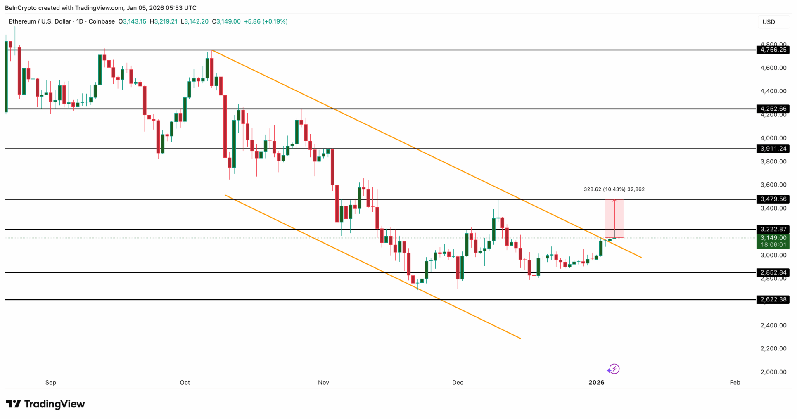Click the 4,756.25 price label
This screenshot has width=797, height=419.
pyautogui.click(x=773, y=50)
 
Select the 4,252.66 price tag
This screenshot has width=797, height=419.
pyautogui.click(x=773, y=109)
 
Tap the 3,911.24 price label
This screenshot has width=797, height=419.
pyautogui.click(x=773, y=149)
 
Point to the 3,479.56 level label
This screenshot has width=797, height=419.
pyautogui.click(x=773, y=199)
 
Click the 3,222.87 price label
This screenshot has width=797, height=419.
pyautogui.click(x=773, y=230)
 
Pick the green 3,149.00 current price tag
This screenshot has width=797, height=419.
pyautogui.click(x=773, y=238)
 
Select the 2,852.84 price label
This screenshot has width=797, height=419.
pyautogui.click(x=773, y=273)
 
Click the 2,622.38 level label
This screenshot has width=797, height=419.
pyautogui.click(x=773, y=300)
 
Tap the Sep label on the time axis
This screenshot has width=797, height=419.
pyautogui.click(x=51, y=383)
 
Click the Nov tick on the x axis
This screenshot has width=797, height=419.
pyautogui.click(x=323, y=383)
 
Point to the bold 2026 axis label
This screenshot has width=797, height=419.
pyautogui.click(x=596, y=383)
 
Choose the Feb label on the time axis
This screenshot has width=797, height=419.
pyautogui.click(x=735, y=383)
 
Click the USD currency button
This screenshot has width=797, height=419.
pyautogui.click(x=769, y=22)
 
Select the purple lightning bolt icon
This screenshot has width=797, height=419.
pyautogui.click(x=614, y=369)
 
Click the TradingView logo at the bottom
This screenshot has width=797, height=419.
pyautogui.click(x=45, y=404)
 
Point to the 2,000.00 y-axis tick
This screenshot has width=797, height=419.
pyautogui.click(x=773, y=372)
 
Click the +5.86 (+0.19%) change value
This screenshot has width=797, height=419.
pyautogui.click(x=266, y=21)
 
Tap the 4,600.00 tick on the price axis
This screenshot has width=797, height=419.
pyautogui.click(x=773, y=68)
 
